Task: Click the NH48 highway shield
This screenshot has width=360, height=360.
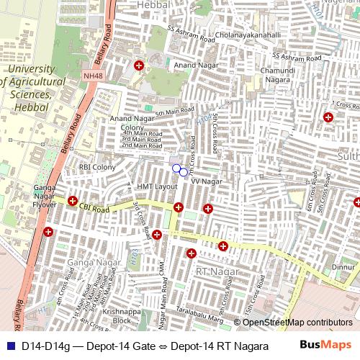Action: pyautogui.click(x=93, y=75)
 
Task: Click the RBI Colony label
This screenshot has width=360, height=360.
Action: pyautogui.click(x=97, y=167)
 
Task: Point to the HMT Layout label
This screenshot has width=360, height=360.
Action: pyautogui.click(x=157, y=186)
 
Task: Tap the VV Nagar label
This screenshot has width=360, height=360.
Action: pyautogui.click(x=205, y=181)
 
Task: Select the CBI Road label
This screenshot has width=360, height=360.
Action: pyautogui.click(x=94, y=209)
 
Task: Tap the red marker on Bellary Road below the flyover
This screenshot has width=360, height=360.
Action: pyautogui.click(x=48, y=231)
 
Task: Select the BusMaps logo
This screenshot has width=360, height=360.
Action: pyautogui.click(x=325, y=345)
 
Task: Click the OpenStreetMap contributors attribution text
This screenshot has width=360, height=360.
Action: pyautogui.click(x=297, y=322)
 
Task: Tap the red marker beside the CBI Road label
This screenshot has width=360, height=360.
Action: pyautogui.click(x=73, y=201)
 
